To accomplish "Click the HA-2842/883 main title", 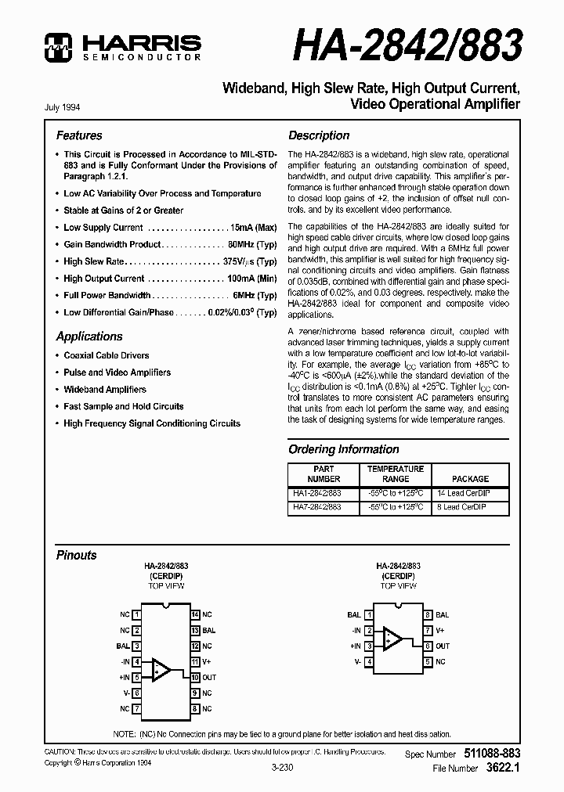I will (x=407, y=46).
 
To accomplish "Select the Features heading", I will (x=79, y=135).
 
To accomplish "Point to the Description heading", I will (x=319, y=135).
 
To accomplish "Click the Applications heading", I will (x=89, y=337).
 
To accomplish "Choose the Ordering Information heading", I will (x=344, y=449).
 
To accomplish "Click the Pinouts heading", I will (x=77, y=555).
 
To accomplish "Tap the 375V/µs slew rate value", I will (x=250, y=261).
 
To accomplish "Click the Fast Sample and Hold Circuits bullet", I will (x=123, y=406).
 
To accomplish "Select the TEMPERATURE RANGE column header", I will (x=396, y=473).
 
